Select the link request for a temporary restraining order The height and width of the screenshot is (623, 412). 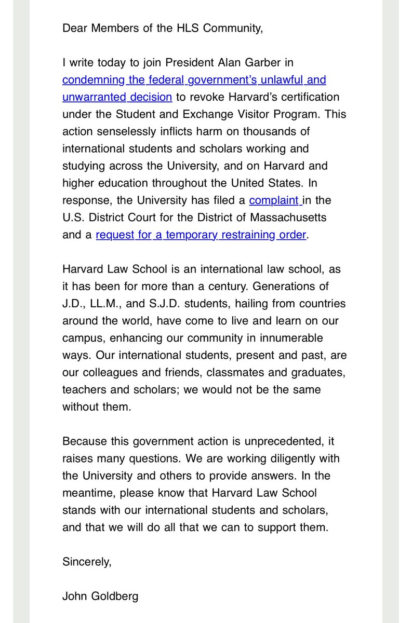tap(201, 234)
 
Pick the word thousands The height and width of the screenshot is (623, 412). tap(270, 131)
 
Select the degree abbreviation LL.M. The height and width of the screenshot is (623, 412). tap(104, 303)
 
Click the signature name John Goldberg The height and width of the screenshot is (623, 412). tap(100, 595)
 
